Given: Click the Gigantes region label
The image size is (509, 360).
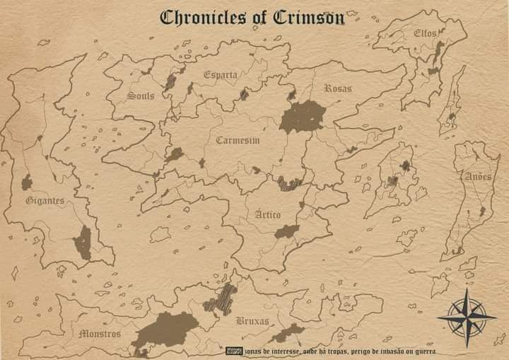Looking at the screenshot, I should click(x=45, y=200).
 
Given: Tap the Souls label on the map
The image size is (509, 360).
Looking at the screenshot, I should click(x=141, y=95).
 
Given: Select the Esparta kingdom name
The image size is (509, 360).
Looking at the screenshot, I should click(x=221, y=74).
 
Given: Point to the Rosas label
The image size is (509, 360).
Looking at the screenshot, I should click(x=338, y=88).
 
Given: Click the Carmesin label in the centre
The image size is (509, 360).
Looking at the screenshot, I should click(x=238, y=140).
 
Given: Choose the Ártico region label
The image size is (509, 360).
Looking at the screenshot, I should click(x=268, y=214).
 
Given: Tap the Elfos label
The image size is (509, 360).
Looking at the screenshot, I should click(x=425, y=33).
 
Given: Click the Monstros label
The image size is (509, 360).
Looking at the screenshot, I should click(x=100, y=333).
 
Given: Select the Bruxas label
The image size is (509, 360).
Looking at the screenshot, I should click(x=252, y=321).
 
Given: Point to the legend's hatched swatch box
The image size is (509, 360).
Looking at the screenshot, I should click(x=234, y=351).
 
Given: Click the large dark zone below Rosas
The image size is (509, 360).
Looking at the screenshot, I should click(x=303, y=117).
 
